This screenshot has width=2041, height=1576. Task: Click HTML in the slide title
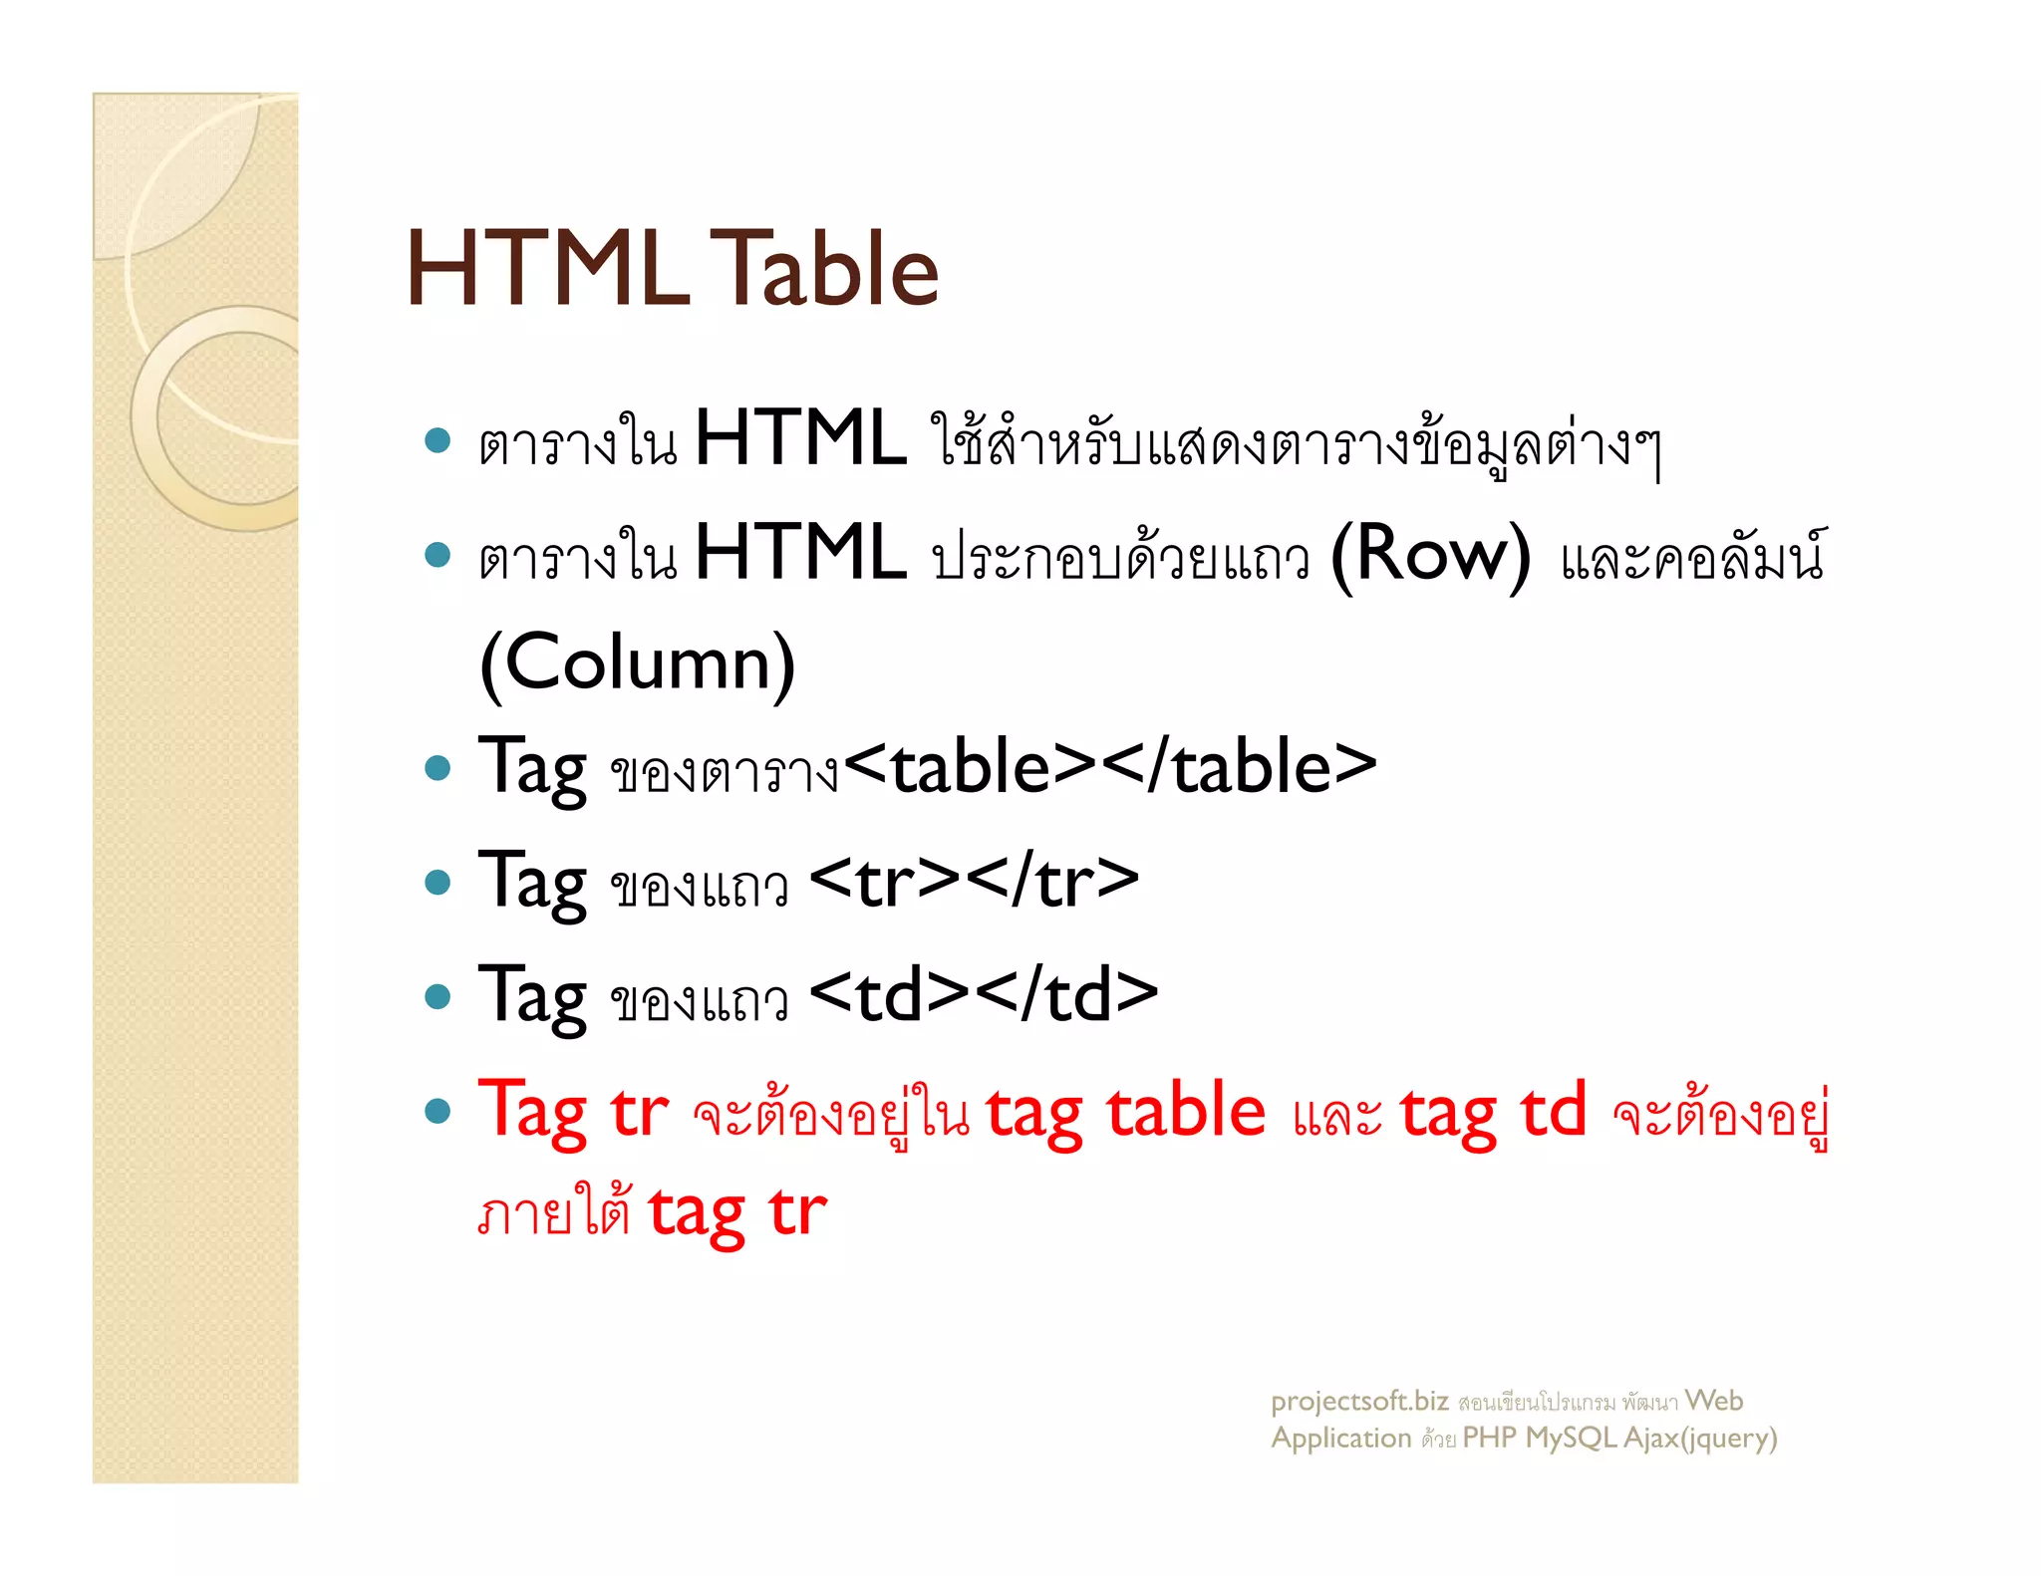tap(547, 269)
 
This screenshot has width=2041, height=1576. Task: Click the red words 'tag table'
tap(1125, 1112)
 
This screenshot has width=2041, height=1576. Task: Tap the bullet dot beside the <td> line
tap(437, 995)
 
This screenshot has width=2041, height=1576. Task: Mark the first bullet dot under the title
tap(437, 440)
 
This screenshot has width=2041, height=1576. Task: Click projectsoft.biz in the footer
tap(1358, 1402)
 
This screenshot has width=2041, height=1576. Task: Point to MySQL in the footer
tap(1570, 1439)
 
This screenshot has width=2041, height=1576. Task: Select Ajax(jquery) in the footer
tap(1700, 1439)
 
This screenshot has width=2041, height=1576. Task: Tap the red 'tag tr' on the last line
tap(737, 1213)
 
